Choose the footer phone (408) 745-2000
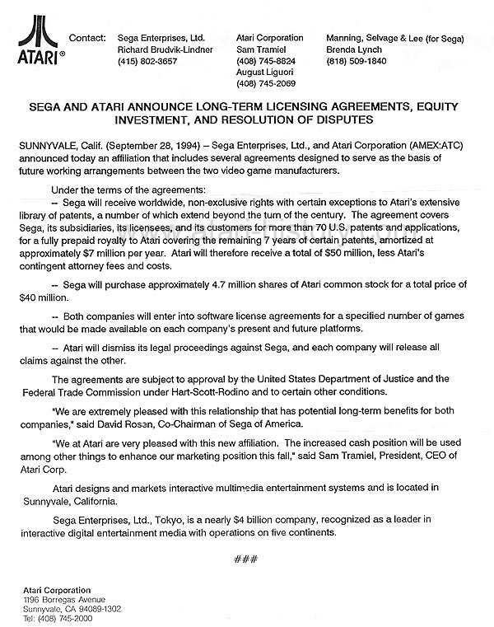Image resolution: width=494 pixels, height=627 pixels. pyautogui.click(x=60, y=619)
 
